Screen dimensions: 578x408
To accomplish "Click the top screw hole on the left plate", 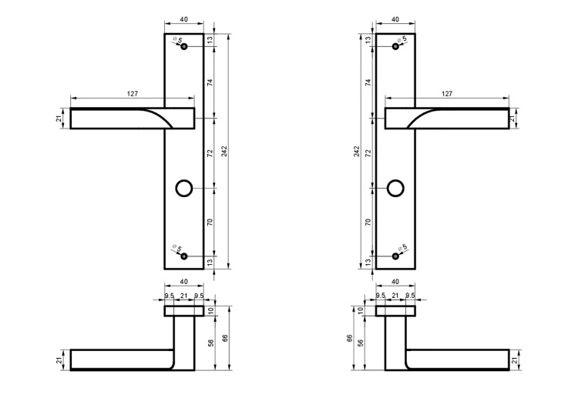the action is tap(184, 46).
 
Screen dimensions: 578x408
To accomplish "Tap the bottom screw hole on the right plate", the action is tap(395, 256).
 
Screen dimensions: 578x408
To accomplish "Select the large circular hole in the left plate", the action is tap(184, 188).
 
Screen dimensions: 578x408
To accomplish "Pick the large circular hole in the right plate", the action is tap(395, 188).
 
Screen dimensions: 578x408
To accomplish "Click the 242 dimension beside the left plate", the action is tap(224, 152).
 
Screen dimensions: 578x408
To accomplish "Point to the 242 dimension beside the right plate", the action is tap(357, 152).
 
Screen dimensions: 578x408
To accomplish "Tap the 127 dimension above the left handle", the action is tap(133, 94).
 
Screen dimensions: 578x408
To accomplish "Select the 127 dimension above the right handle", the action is tap(447, 94).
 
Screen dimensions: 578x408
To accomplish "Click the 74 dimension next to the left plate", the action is tap(210, 82).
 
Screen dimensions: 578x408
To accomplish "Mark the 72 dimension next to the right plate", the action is tap(368, 153).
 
